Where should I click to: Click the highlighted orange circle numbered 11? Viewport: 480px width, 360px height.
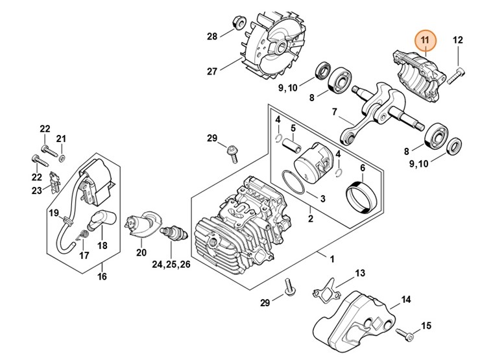click(426, 41)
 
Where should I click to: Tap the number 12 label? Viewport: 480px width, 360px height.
click(458, 40)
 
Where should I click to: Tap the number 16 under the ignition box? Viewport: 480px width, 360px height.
click(102, 277)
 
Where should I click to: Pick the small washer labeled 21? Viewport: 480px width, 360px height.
click(62, 158)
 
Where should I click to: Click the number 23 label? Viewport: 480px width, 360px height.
click(36, 190)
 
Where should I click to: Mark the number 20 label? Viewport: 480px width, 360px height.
click(141, 252)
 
